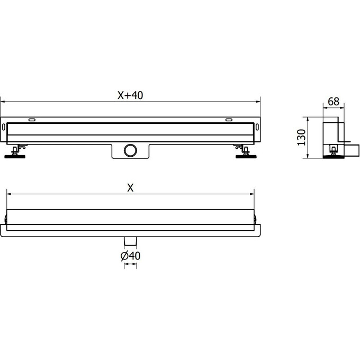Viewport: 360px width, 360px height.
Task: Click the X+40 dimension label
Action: click(x=130, y=95)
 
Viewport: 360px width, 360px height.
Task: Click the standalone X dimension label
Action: click(x=130, y=188)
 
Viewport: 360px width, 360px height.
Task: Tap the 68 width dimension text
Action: click(x=334, y=101)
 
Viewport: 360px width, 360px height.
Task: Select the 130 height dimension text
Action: click(x=301, y=137)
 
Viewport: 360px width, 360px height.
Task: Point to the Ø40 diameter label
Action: click(x=130, y=256)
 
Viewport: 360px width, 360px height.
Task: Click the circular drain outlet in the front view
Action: click(x=130, y=150)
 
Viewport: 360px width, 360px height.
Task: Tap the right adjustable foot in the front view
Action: click(x=244, y=152)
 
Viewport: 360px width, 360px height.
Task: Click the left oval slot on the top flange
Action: click(x=32, y=120)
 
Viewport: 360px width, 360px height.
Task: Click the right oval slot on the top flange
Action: click(x=228, y=120)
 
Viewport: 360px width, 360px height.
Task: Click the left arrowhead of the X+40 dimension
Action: click(x=3, y=101)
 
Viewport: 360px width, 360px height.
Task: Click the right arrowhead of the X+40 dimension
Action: click(x=259, y=101)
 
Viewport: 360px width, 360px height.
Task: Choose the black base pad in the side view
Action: click(x=332, y=157)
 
